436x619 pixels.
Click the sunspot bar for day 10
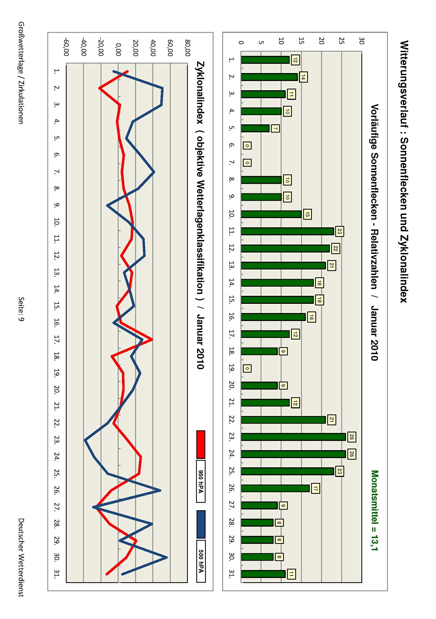click(x=271, y=214)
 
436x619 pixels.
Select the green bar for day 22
click(x=283, y=420)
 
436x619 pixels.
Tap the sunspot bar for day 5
click(x=255, y=128)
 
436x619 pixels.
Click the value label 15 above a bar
click(x=307, y=214)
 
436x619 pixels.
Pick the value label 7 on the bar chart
click(x=275, y=129)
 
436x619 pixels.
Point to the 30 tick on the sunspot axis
click(x=361, y=41)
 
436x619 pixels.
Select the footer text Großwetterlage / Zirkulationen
click(x=21, y=73)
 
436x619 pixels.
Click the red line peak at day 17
click(x=152, y=340)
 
